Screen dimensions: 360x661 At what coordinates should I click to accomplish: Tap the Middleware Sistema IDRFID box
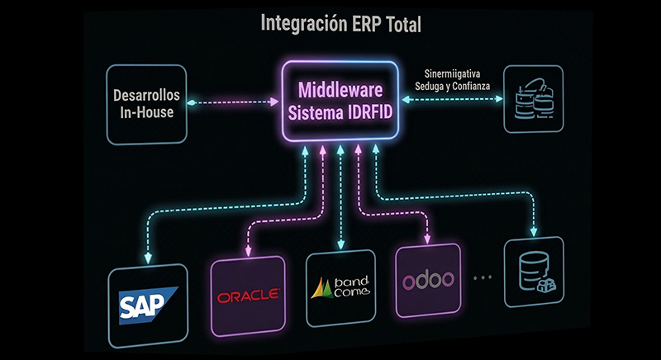point(341,102)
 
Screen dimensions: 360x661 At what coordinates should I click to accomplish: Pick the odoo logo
point(429,281)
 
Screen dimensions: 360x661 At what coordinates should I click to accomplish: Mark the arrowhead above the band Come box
point(341,244)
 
